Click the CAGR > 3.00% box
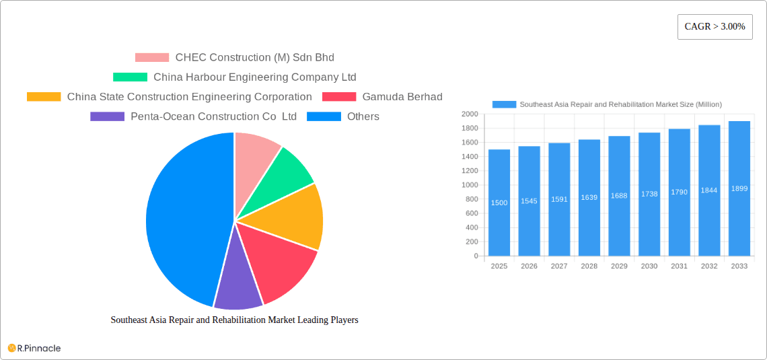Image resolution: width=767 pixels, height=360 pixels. click(715, 27)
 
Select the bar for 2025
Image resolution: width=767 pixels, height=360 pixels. click(499, 203)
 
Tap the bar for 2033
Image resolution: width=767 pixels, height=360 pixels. click(739, 188)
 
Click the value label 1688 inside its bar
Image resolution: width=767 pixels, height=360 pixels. click(619, 196)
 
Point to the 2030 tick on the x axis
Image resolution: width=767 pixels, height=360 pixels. click(649, 266)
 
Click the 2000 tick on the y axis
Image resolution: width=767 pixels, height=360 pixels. click(470, 114)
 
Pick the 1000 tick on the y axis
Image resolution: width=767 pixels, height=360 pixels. click(470, 185)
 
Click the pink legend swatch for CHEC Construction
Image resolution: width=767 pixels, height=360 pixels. click(151, 58)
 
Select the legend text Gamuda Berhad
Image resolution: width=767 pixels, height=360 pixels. click(402, 97)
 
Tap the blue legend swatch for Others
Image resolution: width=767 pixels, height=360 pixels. click(324, 116)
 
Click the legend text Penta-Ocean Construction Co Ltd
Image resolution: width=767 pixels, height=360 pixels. click(213, 116)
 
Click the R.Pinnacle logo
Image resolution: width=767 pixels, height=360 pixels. click(34, 348)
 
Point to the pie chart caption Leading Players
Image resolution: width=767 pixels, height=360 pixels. click(234, 320)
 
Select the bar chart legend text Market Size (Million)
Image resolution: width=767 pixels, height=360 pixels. click(620, 104)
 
